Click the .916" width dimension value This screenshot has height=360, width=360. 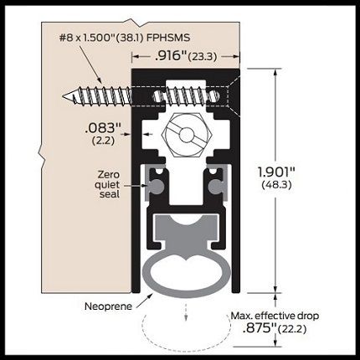coord(170,56)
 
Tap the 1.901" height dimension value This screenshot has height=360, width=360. coord(276,172)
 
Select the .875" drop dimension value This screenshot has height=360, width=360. coord(260,328)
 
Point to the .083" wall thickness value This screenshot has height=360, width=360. coord(103,128)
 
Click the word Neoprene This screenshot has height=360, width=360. coord(108,306)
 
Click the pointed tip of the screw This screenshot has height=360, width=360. coord(64,96)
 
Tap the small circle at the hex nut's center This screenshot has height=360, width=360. coord(186,136)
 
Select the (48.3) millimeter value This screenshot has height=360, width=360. coord(277,185)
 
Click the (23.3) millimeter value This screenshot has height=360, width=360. coord(203,57)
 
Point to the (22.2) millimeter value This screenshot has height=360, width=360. coord(292,329)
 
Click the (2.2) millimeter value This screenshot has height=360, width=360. coord(103,141)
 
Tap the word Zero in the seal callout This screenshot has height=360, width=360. coord(109,175)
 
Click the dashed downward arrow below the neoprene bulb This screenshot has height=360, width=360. coord(187,312)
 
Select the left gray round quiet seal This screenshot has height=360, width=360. coord(157,186)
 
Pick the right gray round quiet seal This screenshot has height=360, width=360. coord(215,186)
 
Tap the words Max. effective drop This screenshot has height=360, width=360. coord(275,316)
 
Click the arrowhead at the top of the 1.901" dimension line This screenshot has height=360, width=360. coord(275,72)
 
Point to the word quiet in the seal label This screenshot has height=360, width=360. coord(107,185)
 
